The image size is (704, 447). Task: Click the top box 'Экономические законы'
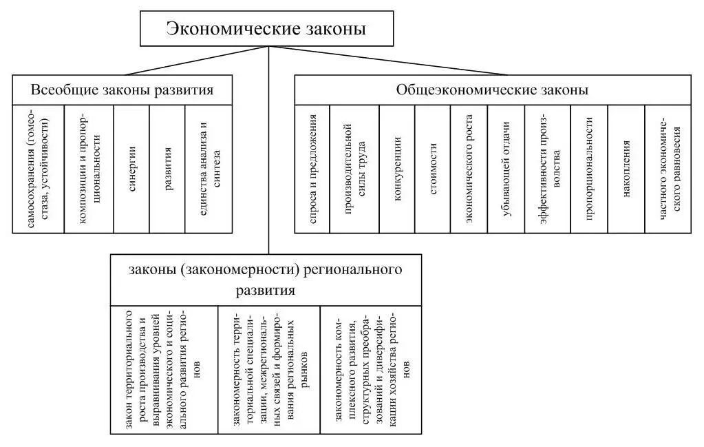(x=267, y=29)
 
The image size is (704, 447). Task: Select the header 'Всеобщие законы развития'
(x=122, y=90)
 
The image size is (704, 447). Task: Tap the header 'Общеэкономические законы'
(x=492, y=90)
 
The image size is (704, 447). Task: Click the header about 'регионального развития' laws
(x=266, y=279)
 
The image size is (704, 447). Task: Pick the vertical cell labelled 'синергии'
(x=131, y=169)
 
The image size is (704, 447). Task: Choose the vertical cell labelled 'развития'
(x=167, y=169)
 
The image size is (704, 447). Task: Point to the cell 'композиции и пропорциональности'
(x=89, y=169)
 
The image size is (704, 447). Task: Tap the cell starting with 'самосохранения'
(x=39, y=169)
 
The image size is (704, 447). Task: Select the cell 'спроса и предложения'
(x=312, y=169)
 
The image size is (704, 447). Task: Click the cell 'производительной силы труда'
(x=354, y=169)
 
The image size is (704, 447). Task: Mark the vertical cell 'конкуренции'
(x=397, y=169)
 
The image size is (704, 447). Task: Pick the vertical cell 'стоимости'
(x=433, y=169)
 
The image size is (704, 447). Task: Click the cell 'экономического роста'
(x=469, y=169)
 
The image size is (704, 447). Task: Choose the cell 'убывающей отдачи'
(x=506, y=169)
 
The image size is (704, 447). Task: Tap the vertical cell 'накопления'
(x=626, y=169)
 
